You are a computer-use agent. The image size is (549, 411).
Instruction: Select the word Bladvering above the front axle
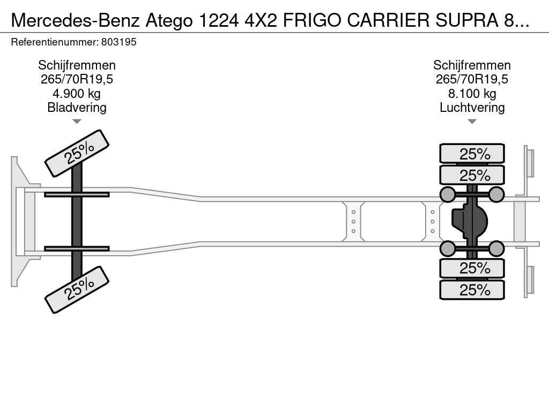pyautogui.click(x=77, y=108)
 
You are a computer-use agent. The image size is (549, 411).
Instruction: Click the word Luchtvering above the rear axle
pyautogui.click(x=472, y=108)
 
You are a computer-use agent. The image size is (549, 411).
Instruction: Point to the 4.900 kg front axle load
pyautogui.click(x=77, y=94)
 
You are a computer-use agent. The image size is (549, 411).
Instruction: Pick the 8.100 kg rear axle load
pyautogui.click(x=472, y=94)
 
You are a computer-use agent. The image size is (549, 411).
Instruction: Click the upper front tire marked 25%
pyautogui.click(x=77, y=153)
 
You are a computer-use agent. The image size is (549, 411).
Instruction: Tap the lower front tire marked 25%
pyautogui.click(x=77, y=290)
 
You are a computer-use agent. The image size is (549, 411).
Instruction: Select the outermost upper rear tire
pyautogui.click(x=472, y=154)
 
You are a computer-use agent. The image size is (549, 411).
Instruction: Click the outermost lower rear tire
pyautogui.click(x=472, y=290)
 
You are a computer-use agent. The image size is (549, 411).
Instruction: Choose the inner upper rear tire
pyautogui.click(x=472, y=175)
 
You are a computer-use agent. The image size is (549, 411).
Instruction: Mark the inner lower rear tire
pyautogui.click(x=472, y=268)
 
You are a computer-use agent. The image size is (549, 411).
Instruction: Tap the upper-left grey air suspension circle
pyautogui.click(x=448, y=194)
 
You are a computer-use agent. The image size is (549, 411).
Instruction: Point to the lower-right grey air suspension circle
pyautogui.click(x=496, y=248)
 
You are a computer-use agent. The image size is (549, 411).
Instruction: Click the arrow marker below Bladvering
pyautogui.click(x=77, y=121)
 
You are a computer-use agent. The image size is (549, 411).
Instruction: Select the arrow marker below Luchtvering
pyautogui.click(x=472, y=121)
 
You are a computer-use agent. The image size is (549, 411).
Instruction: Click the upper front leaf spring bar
pyautogui.click(x=77, y=194)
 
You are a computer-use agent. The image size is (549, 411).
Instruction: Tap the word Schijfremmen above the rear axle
pyautogui.click(x=472, y=65)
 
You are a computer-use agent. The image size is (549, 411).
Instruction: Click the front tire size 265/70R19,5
pyautogui.click(x=77, y=79)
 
